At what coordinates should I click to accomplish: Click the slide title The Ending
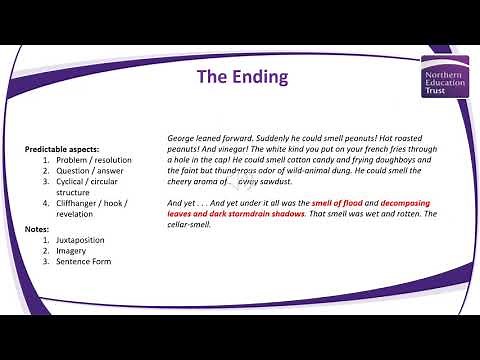click(240, 77)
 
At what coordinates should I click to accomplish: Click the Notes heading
click(36, 228)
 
